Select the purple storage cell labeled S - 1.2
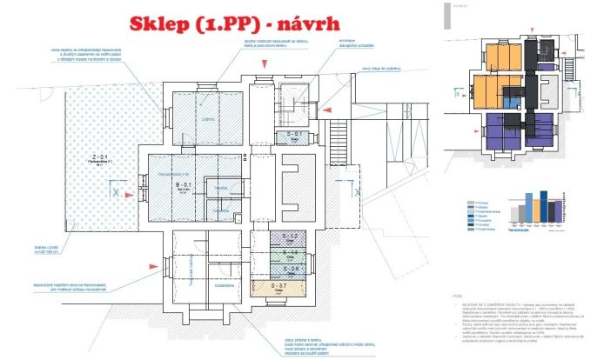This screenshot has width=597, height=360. click(x=292, y=238)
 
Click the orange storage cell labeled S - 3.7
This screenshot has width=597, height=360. click(x=292, y=288)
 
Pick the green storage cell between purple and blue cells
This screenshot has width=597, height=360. click(x=292, y=254)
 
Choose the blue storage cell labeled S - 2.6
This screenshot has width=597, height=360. click(x=292, y=270)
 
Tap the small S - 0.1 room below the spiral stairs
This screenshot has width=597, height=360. click(x=293, y=136)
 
